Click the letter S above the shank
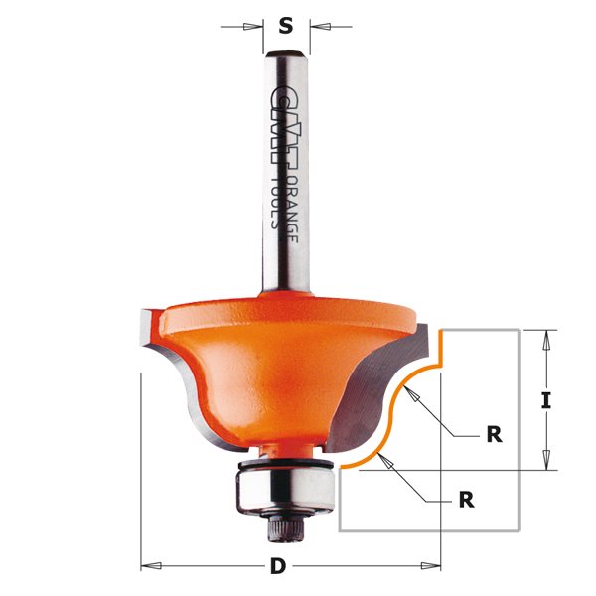coord(286,26)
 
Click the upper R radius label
coord(494,434)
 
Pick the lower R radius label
coord(467,500)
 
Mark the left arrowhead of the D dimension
coord(149,566)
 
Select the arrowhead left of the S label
coord(259,26)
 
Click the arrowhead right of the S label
coord(316,26)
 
